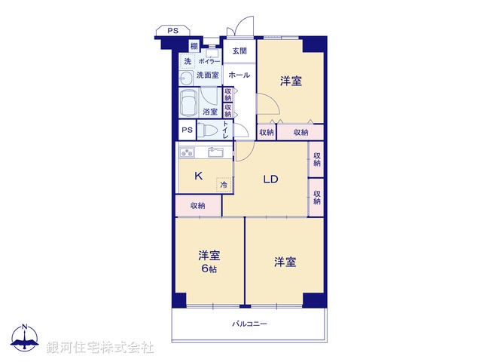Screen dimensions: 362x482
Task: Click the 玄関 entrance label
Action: click(239, 51)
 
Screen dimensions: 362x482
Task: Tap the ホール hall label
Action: click(239, 75)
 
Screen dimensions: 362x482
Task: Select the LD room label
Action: click(271, 179)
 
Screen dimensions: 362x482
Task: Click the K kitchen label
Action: click(198, 176)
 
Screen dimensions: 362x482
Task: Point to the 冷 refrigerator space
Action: click(224, 184)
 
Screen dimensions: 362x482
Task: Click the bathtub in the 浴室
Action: click(188, 102)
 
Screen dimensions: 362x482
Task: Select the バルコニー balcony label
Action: click(249, 324)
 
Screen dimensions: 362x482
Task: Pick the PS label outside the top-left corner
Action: click(172, 31)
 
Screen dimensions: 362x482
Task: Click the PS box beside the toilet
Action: click(187, 130)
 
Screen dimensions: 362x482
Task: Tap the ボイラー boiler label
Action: click(209, 61)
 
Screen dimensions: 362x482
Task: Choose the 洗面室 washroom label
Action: click(207, 75)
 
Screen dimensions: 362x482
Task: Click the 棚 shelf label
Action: click(194, 47)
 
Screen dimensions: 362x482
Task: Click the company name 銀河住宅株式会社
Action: click(100, 348)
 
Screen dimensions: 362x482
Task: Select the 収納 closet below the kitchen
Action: click(198, 205)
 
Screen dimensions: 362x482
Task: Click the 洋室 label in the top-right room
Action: click(291, 81)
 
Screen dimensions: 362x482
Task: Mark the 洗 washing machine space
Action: click(187, 61)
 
